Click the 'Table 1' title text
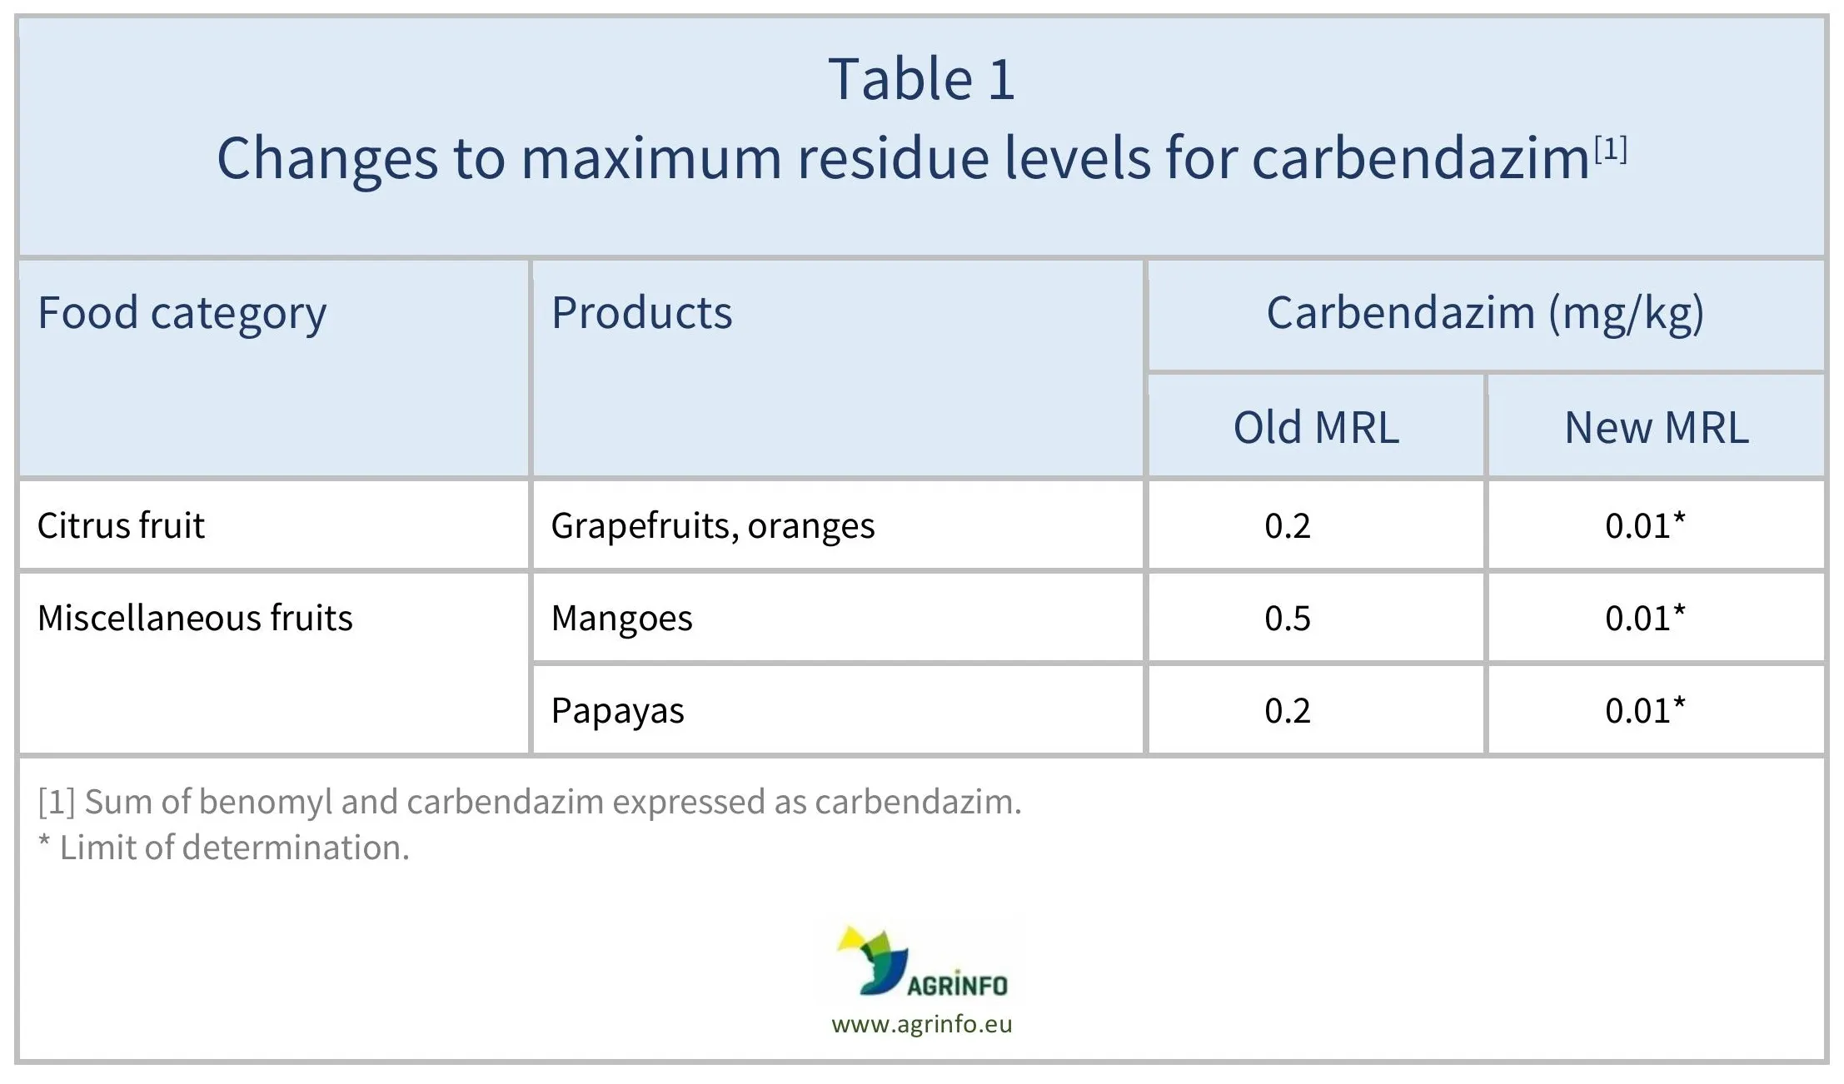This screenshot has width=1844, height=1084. [x=921, y=80]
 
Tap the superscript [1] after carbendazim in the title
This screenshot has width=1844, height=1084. [x=1611, y=150]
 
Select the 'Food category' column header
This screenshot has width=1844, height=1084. [x=182, y=314]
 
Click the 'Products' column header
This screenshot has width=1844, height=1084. [x=641, y=313]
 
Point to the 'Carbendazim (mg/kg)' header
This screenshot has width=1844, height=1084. [x=1485, y=314]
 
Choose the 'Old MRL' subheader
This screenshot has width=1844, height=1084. [x=1316, y=428]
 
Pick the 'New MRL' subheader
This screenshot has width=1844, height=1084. [x=1657, y=428]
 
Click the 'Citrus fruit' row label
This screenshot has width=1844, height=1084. [x=121, y=525]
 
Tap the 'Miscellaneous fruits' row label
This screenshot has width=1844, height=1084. [x=195, y=618]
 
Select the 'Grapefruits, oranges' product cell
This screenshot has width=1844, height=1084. [x=713, y=526]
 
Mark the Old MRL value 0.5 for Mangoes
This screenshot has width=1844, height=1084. [x=1288, y=619]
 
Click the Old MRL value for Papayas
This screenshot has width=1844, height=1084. [x=1288, y=711]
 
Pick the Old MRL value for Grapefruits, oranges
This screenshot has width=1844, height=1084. [x=1288, y=526]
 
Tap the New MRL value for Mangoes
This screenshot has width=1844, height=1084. [x=1646, y=618]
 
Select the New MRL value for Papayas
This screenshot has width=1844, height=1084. [x=1646, y=710]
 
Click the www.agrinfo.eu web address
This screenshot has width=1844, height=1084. [x=921, y=1024]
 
